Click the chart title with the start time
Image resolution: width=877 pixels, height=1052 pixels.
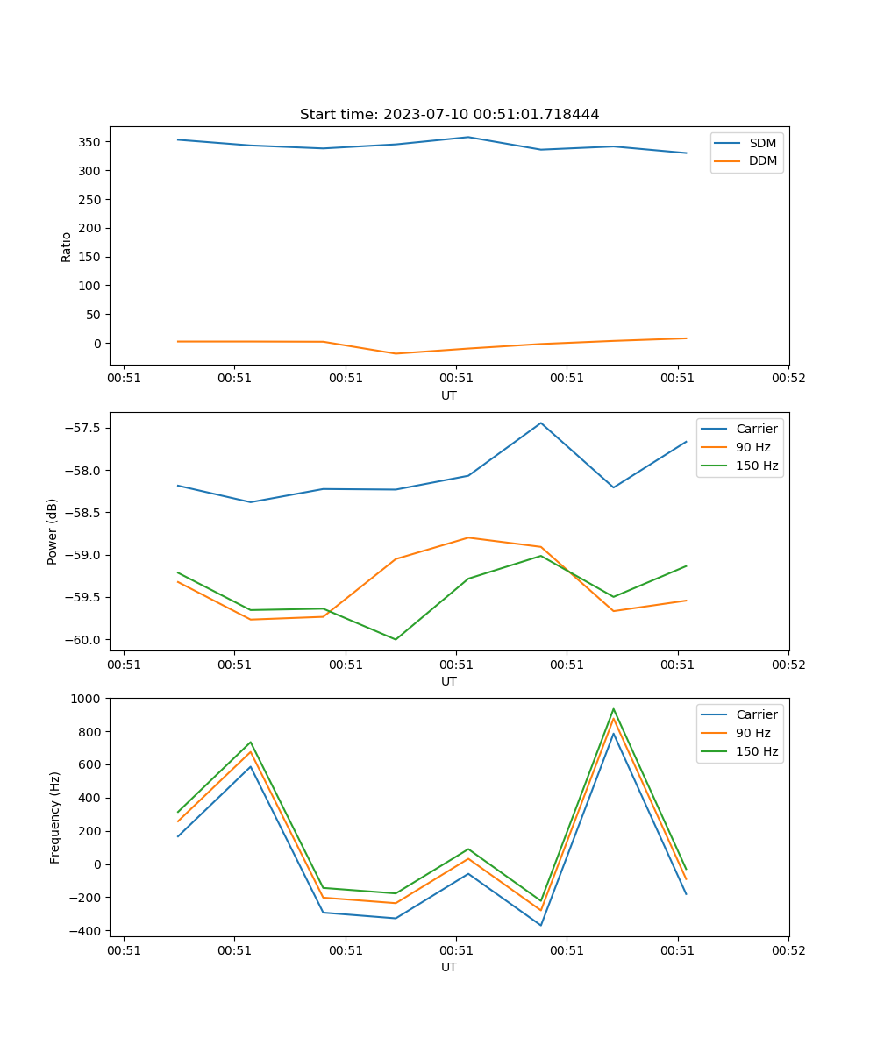pos(449,115)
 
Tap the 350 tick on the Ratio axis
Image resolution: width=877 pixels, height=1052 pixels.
pos(90,142)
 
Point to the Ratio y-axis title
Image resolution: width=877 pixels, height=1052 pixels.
pos(67,247)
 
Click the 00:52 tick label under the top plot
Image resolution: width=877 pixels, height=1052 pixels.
pos(788,379)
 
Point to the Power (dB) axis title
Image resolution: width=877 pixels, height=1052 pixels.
pos(53,531)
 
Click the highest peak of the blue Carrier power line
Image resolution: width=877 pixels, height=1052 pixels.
pos(541,423)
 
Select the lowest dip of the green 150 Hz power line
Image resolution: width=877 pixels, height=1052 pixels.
pos(396,639)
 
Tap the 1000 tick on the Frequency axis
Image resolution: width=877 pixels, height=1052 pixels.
pos(86,699)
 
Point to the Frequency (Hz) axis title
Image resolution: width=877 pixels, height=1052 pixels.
pos(54,817)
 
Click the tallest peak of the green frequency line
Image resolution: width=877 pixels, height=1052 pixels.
pos(613,709)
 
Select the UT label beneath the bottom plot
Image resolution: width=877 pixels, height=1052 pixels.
pos(449,967)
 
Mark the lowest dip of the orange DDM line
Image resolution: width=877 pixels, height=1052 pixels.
pos(396,353)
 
